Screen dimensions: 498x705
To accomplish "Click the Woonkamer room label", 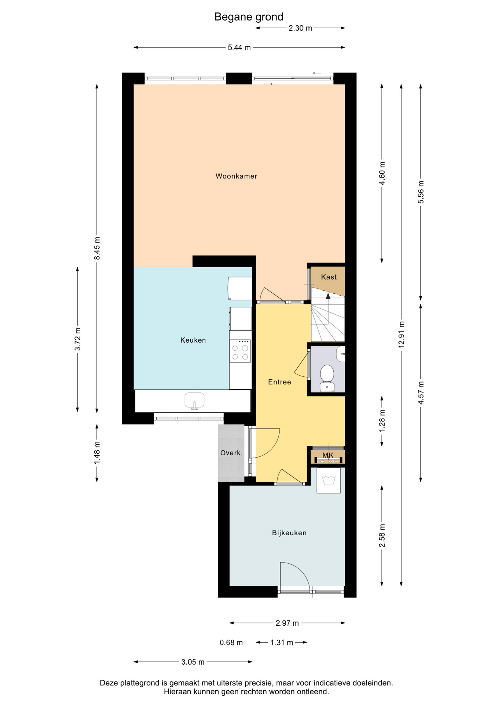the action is pyautogui.click(x=236, y=176).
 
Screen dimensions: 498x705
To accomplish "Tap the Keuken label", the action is pyautogui.click(x=193, y=340).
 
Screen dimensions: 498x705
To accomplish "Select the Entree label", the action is pyautogui.click(x=279, y=382).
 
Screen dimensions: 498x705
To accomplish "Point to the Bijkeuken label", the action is pyautogui.click(x=289, y=533).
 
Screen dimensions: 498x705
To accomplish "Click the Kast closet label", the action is pyautogui.click(x=329, y=277).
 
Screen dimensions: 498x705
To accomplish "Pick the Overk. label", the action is pyautogui.click(x=231, y=453).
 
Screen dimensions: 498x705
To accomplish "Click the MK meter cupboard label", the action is pyautogui.click(x=328, y=455).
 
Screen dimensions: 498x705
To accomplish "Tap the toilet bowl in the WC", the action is pyautogui.click(x=327, y=373).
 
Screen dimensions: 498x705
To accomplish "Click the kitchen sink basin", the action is pyautogui.click(x=194, y=401).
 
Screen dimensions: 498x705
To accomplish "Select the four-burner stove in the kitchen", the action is pyautogui.click(x=240, y=351).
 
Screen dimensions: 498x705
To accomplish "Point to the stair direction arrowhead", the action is pyautogui.click(x=328, y=296).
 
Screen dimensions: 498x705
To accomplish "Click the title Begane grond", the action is pyautogui.click(x=249, y=17).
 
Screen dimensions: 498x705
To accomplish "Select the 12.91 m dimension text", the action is pyautogui.click(x=402, y=335).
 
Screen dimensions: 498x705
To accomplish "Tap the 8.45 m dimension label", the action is pyautogui.click(x=97, y=248).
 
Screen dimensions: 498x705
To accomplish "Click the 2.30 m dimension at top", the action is pyautogui.click(x=300, y=28).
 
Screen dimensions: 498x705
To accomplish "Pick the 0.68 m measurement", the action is pyautogui.click(x=231, y=643).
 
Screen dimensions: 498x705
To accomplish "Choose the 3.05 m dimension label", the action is pyautogui.click(x=193, y=662).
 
